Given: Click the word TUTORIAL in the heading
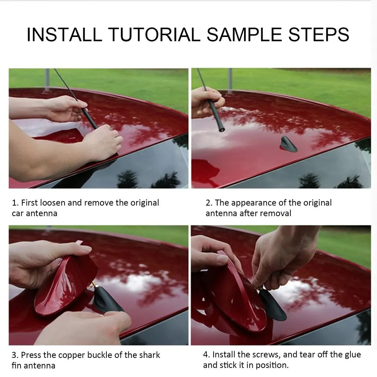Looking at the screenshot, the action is click(155, 34).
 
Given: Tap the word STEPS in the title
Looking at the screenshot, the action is click(318, 34).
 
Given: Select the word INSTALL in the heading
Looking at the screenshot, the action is click(64, 34).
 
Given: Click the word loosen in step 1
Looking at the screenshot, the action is click(53, 203).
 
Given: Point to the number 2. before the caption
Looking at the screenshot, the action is click(209, 203).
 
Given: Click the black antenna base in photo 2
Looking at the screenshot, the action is click(288, 144).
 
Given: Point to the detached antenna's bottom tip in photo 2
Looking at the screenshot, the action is click(222, 130).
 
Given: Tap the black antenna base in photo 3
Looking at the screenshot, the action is click(107, 300).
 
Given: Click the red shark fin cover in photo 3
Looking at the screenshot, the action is click(65, 286).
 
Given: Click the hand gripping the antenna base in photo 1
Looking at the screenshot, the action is click(102, 142).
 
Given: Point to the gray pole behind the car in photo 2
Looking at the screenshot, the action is click(230, 81).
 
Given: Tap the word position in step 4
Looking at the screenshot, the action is click(272, 365).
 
